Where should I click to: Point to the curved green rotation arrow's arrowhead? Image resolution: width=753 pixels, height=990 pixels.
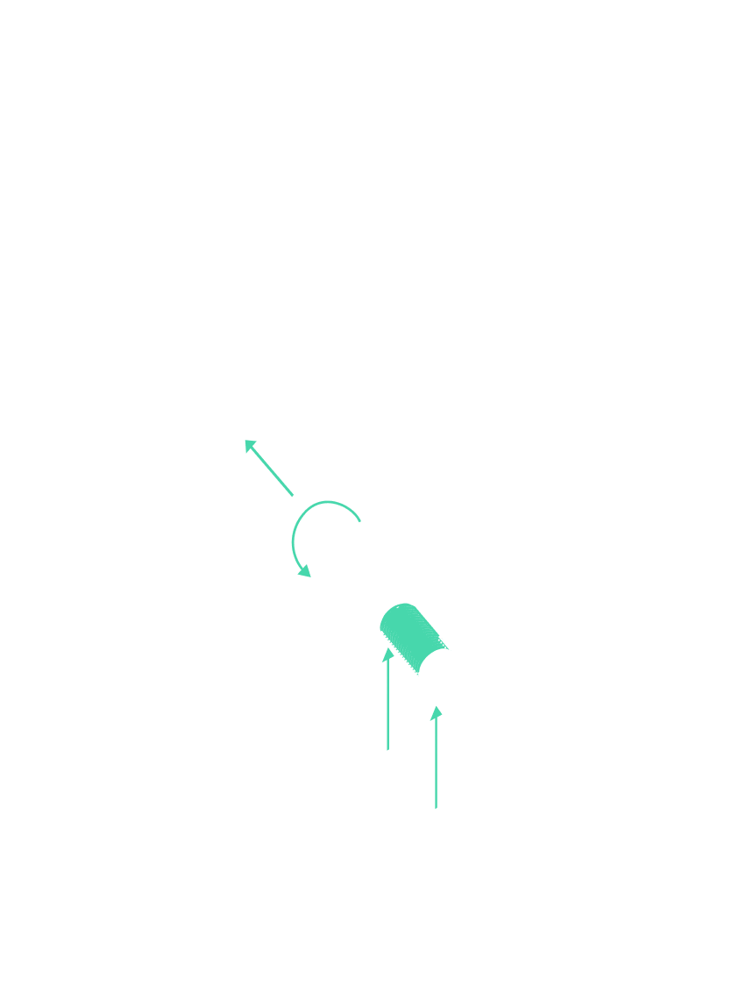pos(304,571)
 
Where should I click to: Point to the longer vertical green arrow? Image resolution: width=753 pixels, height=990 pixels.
pos(388,701)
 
